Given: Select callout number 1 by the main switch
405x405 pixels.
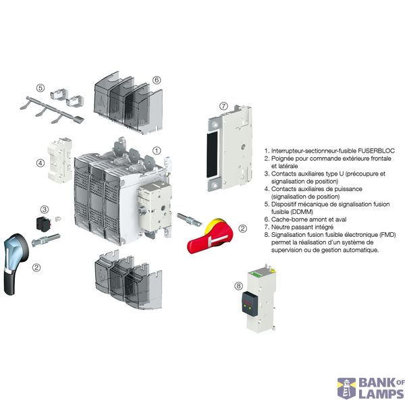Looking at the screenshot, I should tap(156, 151).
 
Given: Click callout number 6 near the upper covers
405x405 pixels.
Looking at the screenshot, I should tap(157, 80).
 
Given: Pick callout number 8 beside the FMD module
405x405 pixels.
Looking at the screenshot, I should tap(238, 286).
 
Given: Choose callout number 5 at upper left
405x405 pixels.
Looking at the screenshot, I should tap(40, 88).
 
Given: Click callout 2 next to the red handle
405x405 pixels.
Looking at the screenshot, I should tap(252, 229).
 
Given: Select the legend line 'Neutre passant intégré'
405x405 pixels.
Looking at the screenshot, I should tap(304, 227).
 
